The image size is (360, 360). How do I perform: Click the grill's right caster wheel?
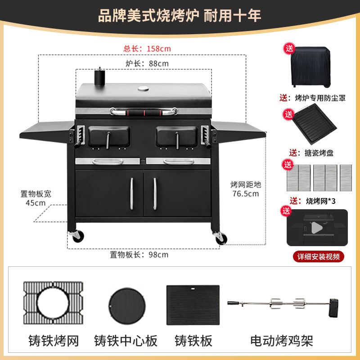[x=220, y=238]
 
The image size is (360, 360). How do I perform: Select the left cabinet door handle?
[x=132, y=194]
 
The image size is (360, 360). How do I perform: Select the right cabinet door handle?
[x=155, y=194]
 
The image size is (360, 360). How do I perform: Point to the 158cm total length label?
[x=147, y=49]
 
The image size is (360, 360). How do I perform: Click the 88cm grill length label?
[x=147, y=63]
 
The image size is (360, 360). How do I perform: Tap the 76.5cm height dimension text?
[x=246, y=193]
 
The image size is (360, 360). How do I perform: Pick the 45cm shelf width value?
[x=36, y=203]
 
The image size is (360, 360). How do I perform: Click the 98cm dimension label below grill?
[x=139, y=255]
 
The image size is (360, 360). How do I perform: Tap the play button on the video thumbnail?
[x=317, y=228]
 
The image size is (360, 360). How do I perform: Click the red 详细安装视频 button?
[x=319, y=256]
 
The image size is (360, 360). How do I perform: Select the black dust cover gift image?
[x=310, y=67]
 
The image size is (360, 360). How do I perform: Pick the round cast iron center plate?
[x=127, y=306]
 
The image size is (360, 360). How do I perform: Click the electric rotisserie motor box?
[x=333, y=308]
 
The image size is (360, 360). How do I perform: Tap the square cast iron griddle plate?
[x=193, y=305]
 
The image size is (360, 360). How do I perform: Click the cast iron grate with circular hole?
[x=53, y=303]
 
